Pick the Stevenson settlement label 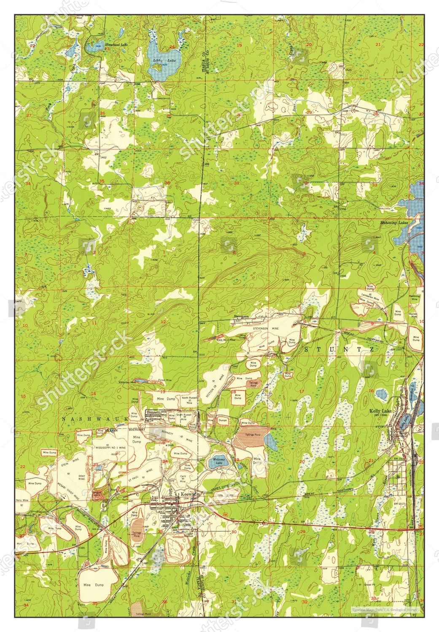[242, 316]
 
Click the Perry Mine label [22, 500]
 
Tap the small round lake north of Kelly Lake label [382, 395]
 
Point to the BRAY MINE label [81, 477]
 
